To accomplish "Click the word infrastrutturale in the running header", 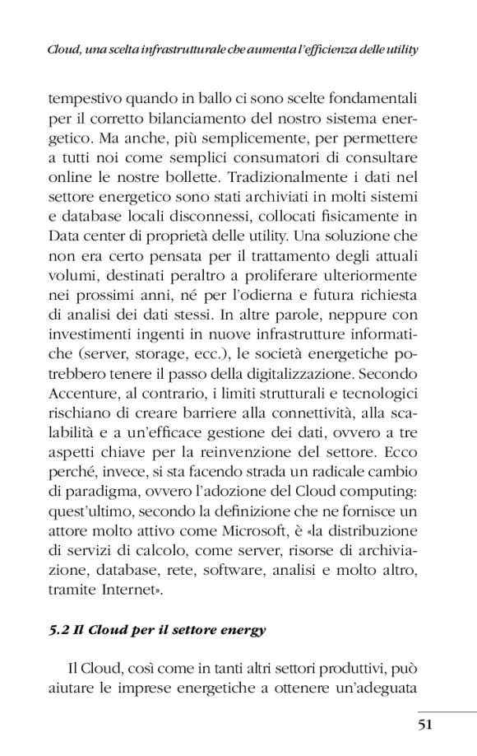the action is pos(160,50).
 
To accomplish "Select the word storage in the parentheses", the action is pos(159,356).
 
